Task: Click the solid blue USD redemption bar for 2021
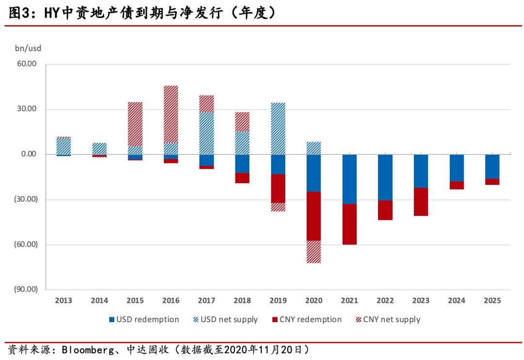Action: point(349,179)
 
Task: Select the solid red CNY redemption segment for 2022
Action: point(385,210)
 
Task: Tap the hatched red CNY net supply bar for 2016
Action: point(171,114)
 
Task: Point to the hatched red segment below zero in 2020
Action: point(313,252)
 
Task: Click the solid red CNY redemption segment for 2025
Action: point(492,182)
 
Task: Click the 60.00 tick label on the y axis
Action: point(27,64)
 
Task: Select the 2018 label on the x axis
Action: point(242,301)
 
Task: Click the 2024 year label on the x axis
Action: point(457,301)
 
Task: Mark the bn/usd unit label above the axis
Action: point(28,48)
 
